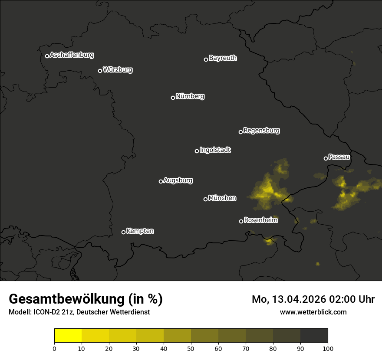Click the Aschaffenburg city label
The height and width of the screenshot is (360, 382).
click(x=72, y=55)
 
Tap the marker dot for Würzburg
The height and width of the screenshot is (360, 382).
click(x=100, y=71)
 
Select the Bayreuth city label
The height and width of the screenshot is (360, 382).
click(x=223, y=58)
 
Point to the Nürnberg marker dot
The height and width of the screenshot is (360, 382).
click(x=173, y=98)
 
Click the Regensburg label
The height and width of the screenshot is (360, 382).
click(x=261, y=130)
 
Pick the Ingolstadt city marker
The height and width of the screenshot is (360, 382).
click(x=197, y=151)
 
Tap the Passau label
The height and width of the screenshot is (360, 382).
click(x=339, y=157)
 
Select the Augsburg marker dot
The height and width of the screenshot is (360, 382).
click(x=161, y=181)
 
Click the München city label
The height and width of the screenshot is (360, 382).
click(x=222, y=198)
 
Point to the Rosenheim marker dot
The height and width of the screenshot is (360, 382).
click(x=241, y=221)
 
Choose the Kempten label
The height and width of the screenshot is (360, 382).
click(x=140, y=231)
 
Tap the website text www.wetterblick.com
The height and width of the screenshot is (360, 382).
click(x=313, y=312)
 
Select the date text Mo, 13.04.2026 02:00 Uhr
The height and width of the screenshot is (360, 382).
click(x=313, y=299)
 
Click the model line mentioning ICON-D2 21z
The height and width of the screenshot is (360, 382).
click(x=79, y=312)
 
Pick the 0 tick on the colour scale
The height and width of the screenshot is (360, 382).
click(x=54, y=348)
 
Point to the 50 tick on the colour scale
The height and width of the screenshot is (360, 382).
click(x=191, y=348)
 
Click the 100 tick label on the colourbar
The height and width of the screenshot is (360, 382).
click(x=328, y=348)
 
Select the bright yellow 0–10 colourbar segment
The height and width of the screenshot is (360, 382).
click(x=68, y=335)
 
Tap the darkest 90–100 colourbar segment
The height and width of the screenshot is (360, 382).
click(x=314, y=335)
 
